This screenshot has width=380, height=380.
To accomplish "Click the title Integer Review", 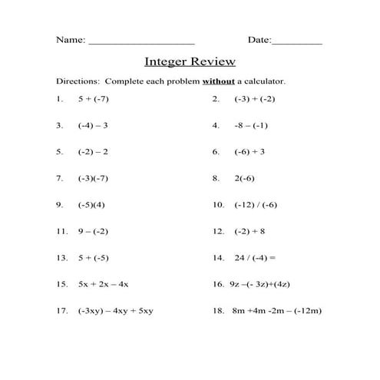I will (190, 61).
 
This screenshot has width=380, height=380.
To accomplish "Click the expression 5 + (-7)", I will (94, 100).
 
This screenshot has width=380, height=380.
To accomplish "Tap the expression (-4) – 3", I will (93, 126).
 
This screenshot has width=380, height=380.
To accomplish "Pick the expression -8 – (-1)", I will (251, 126).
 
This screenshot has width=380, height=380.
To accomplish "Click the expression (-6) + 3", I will (249, 152).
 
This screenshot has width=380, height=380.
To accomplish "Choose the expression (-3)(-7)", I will (94, 179).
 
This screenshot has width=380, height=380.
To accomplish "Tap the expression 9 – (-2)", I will (93, 231).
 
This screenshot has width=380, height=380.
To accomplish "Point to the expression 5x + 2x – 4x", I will (103, 284).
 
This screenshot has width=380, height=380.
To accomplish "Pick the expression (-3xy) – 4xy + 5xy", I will (115, 311).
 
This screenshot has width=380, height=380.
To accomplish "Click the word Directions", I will (78, 81).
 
